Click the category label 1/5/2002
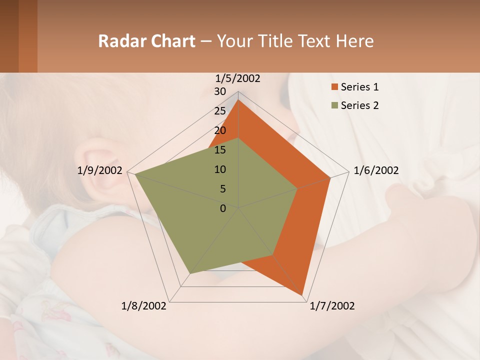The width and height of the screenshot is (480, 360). (238, 78)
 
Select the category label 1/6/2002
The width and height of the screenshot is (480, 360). (376, 170)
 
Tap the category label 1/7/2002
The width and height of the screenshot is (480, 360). (332, 306)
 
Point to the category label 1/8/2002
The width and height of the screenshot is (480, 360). (144, 306)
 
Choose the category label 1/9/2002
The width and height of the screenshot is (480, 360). (100, 170)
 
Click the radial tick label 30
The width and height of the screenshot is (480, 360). (220, 91)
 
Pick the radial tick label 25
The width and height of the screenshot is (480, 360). (220, 111)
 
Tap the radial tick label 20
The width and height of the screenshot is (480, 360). (220, 130)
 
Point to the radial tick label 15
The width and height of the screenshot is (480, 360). (220, 150)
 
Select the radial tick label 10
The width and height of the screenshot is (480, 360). (220, 169)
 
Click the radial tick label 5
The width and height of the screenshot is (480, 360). (222, 189)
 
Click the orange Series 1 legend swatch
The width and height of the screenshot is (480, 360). (334, 87)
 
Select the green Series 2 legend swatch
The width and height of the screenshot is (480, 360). (334, 105)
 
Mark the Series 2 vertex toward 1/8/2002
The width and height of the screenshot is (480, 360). (190, 273)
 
